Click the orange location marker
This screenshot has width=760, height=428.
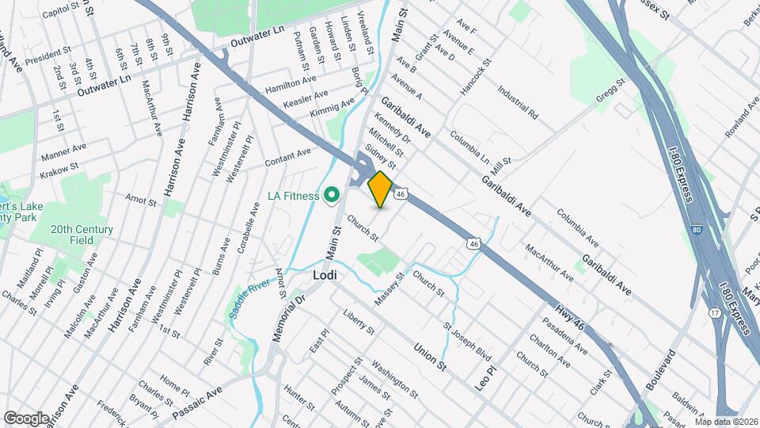[x=381, y=189]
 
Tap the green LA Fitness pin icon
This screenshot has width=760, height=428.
[x=332, y=194]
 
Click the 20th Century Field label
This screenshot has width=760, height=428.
[x=82, y=235]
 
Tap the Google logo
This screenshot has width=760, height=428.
[x=26, y=418]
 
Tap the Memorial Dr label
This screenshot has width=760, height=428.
[x=288, y=319]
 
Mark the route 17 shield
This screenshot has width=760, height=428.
[x=715, y=291]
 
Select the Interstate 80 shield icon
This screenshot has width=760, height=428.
[x=695, y=230]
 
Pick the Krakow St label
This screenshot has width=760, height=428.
[x=60, y=167]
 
